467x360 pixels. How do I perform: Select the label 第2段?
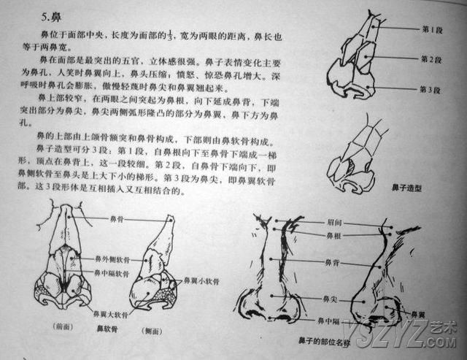(x=433, y=59)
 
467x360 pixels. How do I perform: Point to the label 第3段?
(x=433, y=90)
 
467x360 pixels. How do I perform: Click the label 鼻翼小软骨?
(x=198, y=280)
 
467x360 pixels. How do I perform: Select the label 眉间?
(x=333, y=222)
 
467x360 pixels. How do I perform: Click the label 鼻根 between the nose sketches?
(x=333, y=235)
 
